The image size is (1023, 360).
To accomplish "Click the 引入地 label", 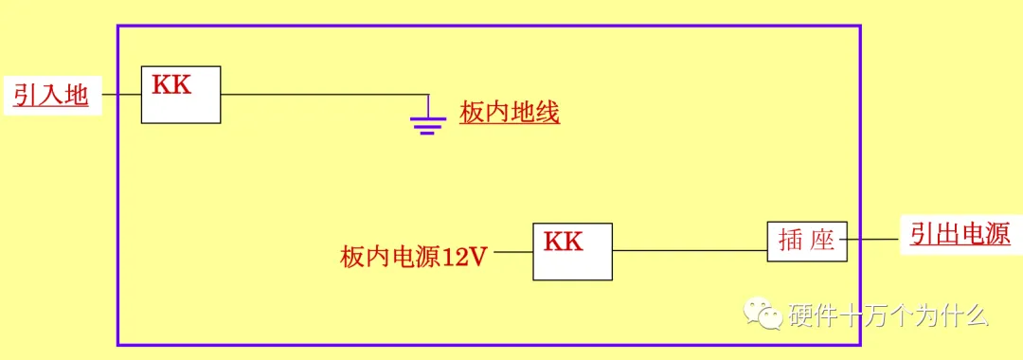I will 50,95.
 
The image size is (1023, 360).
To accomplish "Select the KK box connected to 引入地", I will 181,94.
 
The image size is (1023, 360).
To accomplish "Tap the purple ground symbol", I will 428,120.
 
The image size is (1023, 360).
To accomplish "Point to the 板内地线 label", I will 510,114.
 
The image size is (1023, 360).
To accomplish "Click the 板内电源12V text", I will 414,256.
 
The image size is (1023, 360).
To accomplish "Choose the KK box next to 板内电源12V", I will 572,251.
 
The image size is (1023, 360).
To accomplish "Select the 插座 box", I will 806,241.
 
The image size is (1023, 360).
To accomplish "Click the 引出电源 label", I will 960,234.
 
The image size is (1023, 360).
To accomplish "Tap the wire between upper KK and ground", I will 322,94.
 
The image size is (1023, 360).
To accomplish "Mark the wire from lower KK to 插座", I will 689,251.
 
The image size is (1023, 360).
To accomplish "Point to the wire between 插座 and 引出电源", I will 871,240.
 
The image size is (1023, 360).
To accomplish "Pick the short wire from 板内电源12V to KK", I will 512,253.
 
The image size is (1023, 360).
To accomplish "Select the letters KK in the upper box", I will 171,84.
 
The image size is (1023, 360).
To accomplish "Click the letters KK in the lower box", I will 563,242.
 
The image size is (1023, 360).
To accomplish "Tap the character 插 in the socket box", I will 791,241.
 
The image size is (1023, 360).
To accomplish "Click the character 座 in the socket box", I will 823,241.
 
